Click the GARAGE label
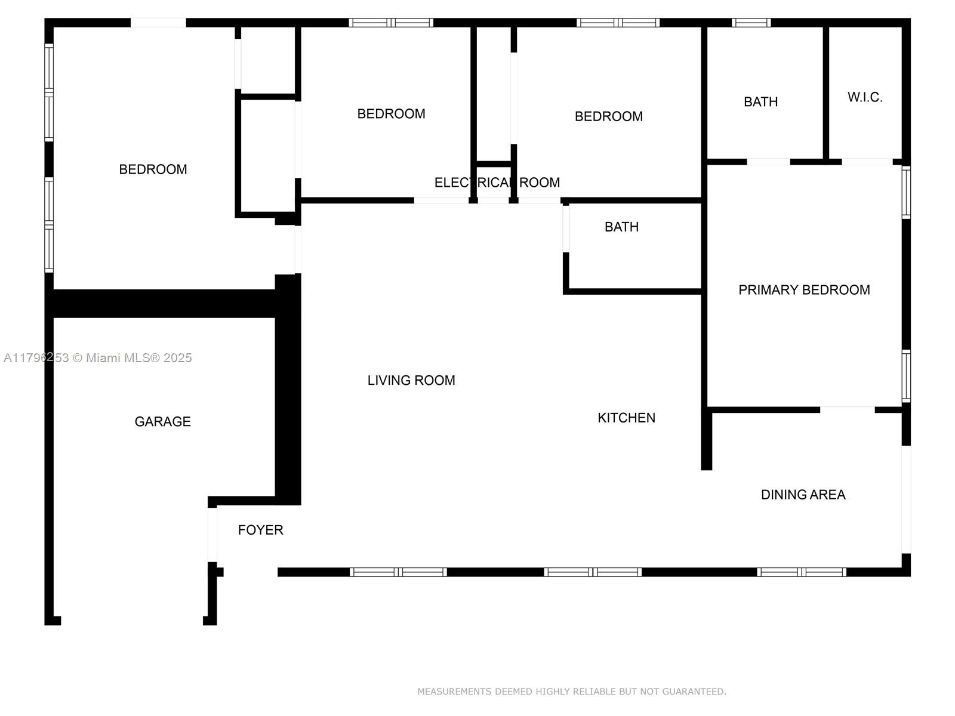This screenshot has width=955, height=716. (x=162, y=421)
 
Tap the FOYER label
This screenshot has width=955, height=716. (x=260, y=529)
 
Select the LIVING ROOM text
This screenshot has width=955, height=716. (x=411, y=380)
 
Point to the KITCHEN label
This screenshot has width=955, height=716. (x=626, y=417)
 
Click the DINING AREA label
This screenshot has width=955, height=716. (x=803, y=494)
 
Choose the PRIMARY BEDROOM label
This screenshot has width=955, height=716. (x=803, y=289)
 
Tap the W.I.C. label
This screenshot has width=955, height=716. (x=864, y=97)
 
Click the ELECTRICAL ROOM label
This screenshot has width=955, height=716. (x=497, y=182)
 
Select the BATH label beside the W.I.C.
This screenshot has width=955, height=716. (x=760, y=101)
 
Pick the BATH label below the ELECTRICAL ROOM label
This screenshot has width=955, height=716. (x=621, y=227)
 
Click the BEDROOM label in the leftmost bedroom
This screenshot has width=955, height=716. (x=153, y=169)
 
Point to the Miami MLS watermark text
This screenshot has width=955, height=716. (x=97, y=357)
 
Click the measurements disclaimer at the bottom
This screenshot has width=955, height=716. (x=572, y=691)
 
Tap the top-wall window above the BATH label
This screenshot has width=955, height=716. (x=750, y=23)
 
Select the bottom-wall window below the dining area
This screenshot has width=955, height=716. (x=801, y=572)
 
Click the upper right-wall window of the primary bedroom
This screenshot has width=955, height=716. (x=906, y=192)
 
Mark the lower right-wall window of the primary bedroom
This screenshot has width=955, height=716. (x=906, y=376)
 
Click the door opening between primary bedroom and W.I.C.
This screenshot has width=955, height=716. (x=867, y=162)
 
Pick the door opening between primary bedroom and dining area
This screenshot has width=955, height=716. (x=847, y=409)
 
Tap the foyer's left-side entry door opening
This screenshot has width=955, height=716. (x=212, y=535)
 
